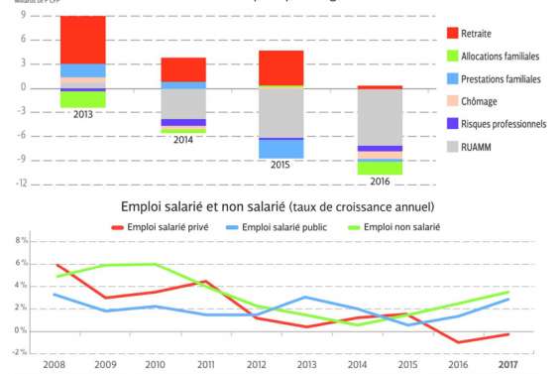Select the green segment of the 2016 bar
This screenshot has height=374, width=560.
point(380,168)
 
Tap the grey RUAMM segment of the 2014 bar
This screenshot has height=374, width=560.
point(182,103)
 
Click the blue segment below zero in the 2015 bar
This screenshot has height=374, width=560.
point(280,149)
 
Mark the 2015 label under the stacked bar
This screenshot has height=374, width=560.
point(280,165)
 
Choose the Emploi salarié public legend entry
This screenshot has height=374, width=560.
point(288,228)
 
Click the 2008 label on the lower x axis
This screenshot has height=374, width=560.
point(54,365)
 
